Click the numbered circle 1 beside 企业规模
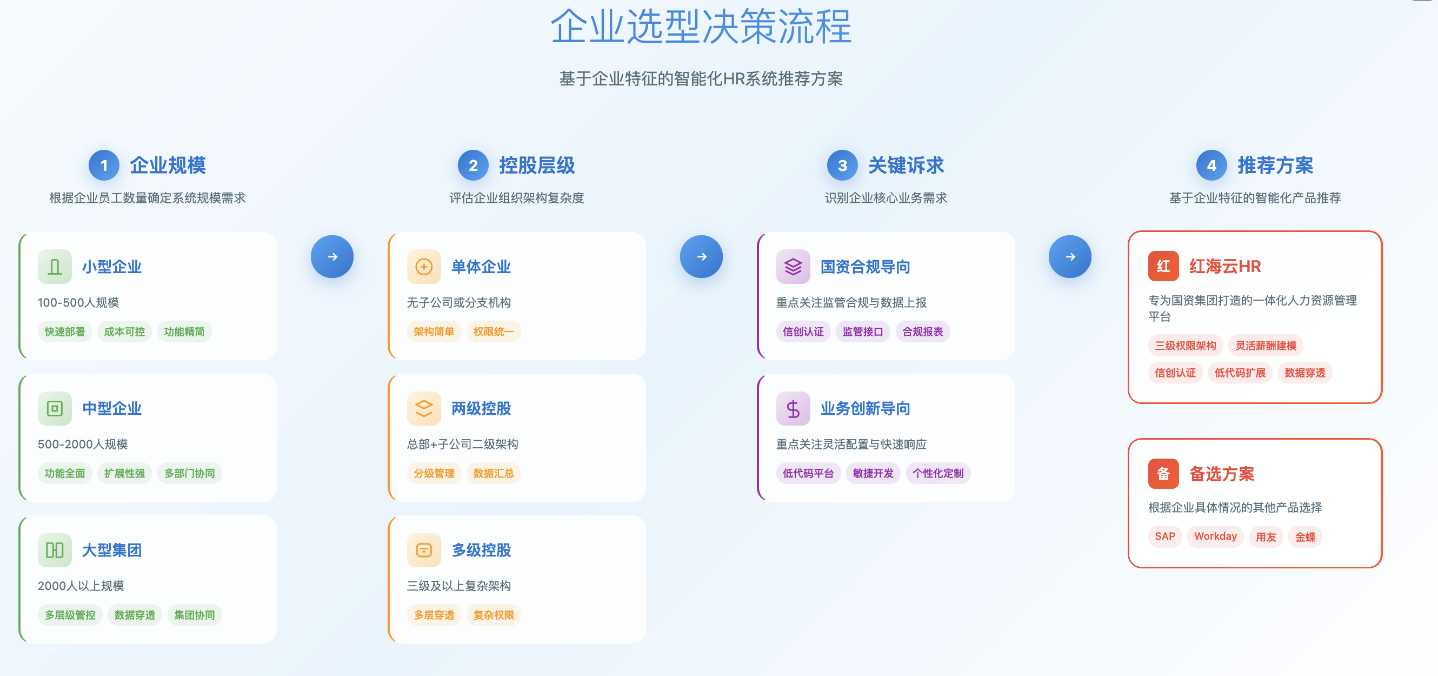click(104, 165)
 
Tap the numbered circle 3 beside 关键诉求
click(842, 165)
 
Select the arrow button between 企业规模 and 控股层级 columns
click(332, 257)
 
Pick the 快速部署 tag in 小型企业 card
click(65, 332)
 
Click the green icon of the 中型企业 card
click(55, 409)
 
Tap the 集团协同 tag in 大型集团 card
click(194, 614)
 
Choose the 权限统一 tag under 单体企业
click(494, 332)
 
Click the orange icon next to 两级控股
click(424, 409)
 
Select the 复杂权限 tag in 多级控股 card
click(494, 614)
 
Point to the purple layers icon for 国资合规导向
click(793, 267)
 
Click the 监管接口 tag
click(862, 332)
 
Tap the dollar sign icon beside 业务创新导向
click(793, 409)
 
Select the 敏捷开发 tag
click(873, 473)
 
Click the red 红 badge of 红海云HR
click(1163, 266)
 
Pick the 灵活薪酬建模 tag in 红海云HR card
click(1266, 346)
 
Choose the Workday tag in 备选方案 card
click(1215, 536)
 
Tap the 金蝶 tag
click(1305, 536)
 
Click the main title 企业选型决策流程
click(701, 27)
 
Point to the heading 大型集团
click(112, 551)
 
